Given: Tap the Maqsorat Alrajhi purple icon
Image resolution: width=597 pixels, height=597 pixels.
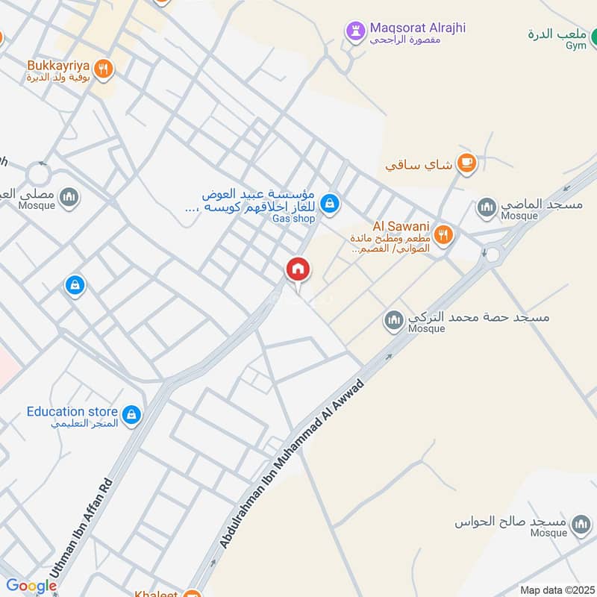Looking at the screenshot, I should (354, 31).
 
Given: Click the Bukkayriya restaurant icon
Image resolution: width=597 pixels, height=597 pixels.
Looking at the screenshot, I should (104, 68).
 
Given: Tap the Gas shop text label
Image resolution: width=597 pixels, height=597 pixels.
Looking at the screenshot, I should (293, 219).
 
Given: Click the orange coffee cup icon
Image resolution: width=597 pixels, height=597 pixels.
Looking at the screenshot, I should (466, 162).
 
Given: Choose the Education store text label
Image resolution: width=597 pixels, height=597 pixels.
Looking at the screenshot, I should (72, 411).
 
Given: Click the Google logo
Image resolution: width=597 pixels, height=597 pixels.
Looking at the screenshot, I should (31, 586).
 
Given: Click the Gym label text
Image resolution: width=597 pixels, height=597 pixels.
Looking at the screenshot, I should (576, 46).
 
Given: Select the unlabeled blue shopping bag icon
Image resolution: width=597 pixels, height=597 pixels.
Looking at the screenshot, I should (74, 284).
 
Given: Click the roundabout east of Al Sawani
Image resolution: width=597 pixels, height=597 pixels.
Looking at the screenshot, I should (493, 256).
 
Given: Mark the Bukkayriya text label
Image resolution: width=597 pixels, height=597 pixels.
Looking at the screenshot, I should (58, 64).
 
